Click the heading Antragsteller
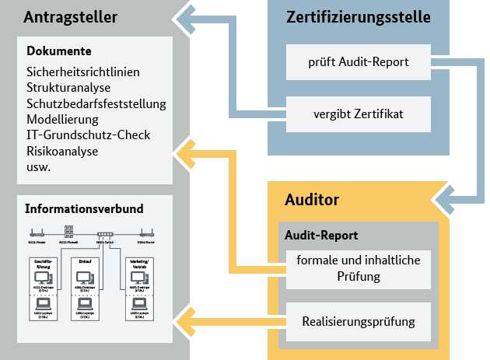(72, 17)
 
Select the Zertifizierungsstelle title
(357, 17)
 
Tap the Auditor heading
(310, 201)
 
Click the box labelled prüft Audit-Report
(359, 61)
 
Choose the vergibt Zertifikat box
(359, 114)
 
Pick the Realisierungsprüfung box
(359, 320)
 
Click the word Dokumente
(59, 52)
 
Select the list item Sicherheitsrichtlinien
(82, 72)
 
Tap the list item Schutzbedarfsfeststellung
(96, 103)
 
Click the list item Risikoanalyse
(62, 151)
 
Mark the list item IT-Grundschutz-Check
(88, 135)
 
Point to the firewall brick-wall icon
(68, 232)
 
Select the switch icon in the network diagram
(104, 233)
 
